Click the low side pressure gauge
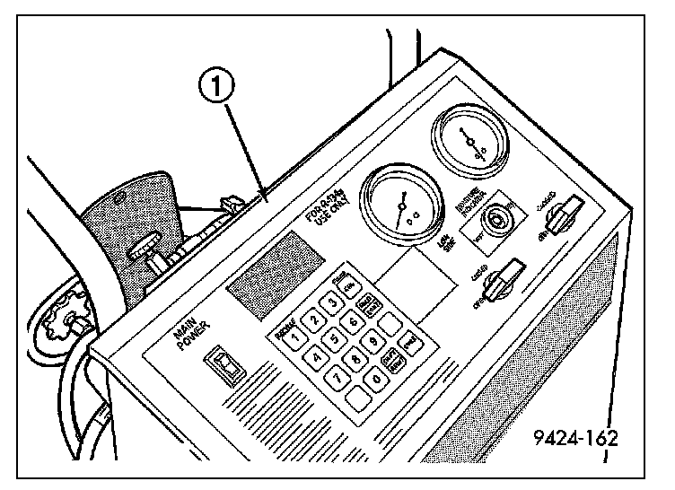point(399,207)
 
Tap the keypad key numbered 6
point(353,321)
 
